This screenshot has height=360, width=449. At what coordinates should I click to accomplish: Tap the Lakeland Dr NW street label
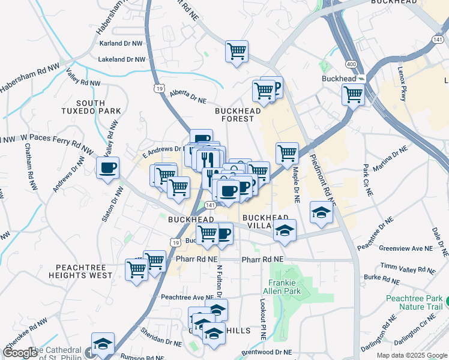tap(122, 59)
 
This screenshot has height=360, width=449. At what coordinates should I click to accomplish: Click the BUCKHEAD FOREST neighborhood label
tap(238, 115)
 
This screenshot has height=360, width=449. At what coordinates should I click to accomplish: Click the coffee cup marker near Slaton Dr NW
tap(108, 168)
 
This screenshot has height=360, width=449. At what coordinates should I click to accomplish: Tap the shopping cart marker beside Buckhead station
tap(353, 94)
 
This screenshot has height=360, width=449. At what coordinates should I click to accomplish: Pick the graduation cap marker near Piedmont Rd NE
tap(321, 212)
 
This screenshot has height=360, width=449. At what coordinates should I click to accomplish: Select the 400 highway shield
tap(349, 64)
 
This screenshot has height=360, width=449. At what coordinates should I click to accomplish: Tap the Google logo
tap(20, 353)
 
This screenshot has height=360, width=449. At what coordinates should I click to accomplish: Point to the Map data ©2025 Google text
tap(411, 355)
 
